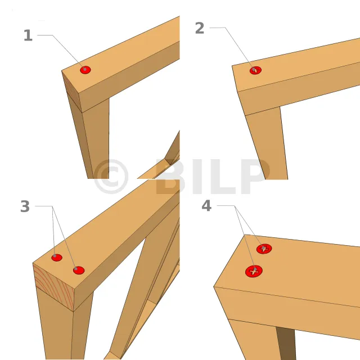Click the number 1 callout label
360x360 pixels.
pos(28,35)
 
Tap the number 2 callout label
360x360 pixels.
pos(200,28)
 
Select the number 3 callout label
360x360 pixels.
pos(25,206)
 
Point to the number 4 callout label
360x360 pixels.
pos(206,206)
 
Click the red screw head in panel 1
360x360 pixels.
pos(85,70)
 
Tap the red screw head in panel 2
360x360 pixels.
pos(255,70)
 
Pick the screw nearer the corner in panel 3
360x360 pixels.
pos(57,258)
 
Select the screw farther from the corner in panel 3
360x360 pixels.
pos(79,270)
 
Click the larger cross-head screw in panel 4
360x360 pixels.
pos(254,271)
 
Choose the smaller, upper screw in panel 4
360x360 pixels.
pos(264,249)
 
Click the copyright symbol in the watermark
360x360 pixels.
pos(111,176)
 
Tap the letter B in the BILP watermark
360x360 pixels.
pos(170,176)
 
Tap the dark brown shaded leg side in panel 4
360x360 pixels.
pos(286,343)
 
